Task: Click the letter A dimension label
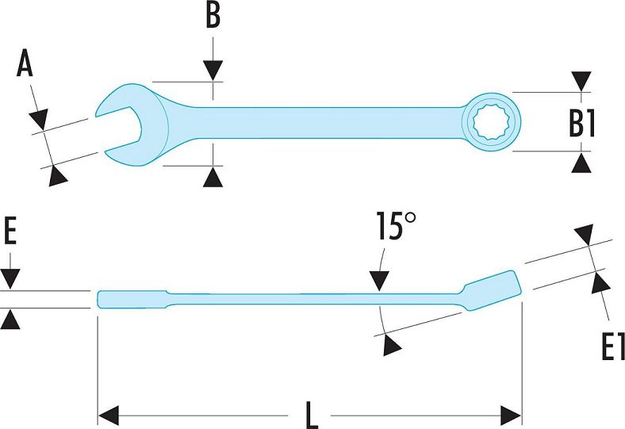[25, 63]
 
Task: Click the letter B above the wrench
[213, 16]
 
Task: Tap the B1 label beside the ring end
[581, 123]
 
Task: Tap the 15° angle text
[396, 226]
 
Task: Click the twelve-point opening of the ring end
[491, 122]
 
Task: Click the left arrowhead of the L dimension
[109, 416]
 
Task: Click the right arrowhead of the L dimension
[511, 416]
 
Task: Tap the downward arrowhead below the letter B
[213, 71]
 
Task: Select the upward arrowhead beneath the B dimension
[213, 178]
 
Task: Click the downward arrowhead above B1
[581, 82]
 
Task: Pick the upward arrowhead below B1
[581, 163]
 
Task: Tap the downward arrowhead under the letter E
[10, 279]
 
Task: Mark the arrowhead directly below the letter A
[39, 119]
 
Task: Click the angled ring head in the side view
[492, 291]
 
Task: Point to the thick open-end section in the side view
[132, 300]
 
